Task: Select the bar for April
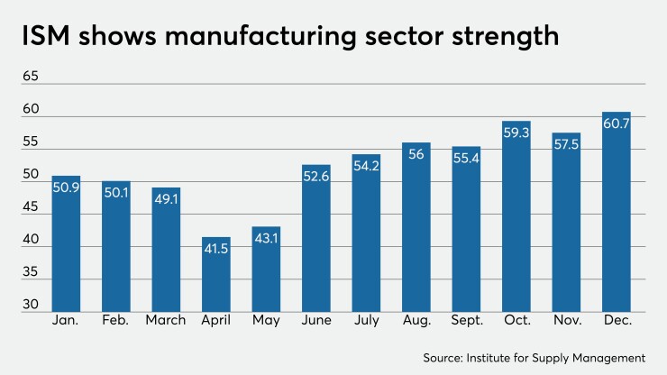(216, 275)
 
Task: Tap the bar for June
(316, 239)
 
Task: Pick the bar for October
(516, 216)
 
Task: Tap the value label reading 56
(416, 154)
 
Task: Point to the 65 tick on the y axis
(31, 77)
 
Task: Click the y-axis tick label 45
(31, 206)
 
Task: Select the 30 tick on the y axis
(31, 305)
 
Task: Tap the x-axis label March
(166, 320)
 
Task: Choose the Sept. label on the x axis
(466, 320)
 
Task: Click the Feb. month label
(116, 320)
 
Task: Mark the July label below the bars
(366, 320)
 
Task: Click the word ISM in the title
(49, 38)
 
